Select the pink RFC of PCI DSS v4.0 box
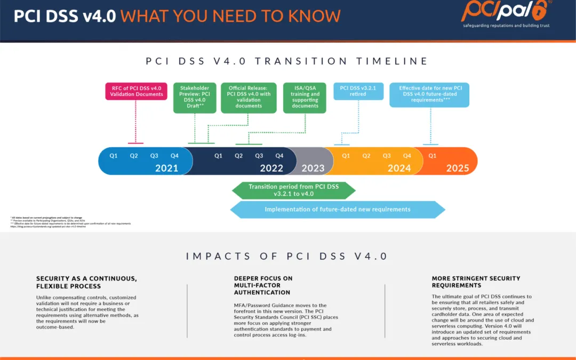tap(136, 91)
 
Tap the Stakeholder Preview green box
tap(195, 97)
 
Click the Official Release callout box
tap(249, 97)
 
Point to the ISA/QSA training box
tap(305, 97)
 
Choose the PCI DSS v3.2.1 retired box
tap(358, 91)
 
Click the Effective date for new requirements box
tap(430, 94)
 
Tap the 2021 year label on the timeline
tap(166, 169)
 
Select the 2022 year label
tap(271, 169)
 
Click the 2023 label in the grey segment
tap(313, 169)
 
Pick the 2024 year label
tap(399, 169)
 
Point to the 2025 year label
tap(458, 169)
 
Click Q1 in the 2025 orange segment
tap(432, 156)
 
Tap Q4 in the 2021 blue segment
tap(174, 156)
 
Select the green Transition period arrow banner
tap(294, 190)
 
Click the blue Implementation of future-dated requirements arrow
tap(338, 210)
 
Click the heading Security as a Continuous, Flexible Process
tap(86, 282)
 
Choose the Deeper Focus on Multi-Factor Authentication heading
tap(263, 285)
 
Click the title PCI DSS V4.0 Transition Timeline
tap(287, 61)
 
